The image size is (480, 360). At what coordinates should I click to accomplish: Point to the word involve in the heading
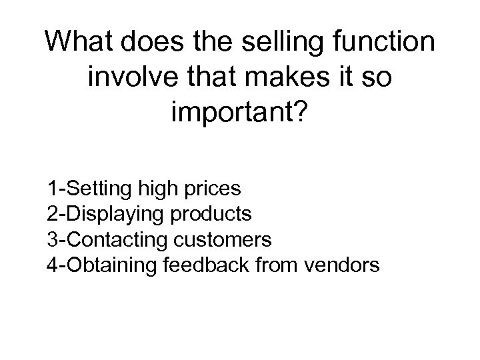(x=128, y=79)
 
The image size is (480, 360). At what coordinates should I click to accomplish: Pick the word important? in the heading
(x=239, y=115)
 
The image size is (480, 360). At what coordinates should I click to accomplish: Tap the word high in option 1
(x=157, y=188)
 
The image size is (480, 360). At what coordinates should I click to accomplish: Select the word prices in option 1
(x=212, y=188)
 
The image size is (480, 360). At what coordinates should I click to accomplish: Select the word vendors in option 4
(x=341, y=265)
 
